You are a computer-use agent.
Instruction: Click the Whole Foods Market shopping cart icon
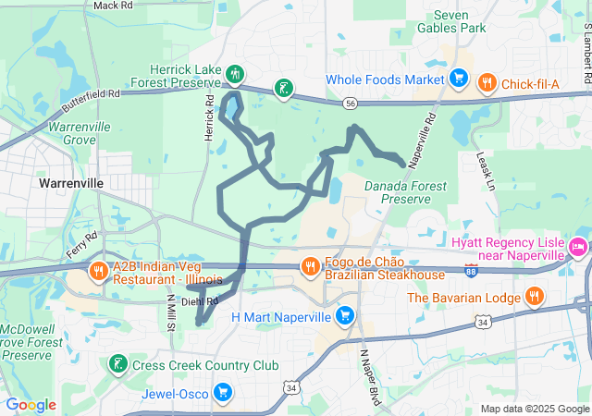(x=456, y=79)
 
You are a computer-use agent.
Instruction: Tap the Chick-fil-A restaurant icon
(x=486, y=84)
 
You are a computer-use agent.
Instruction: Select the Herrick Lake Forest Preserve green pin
(x=236, y=73)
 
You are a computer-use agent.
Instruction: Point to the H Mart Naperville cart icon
(x=345, y=316)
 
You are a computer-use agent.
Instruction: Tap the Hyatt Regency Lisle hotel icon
(x=578, y=247)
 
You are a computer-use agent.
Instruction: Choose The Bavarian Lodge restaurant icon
(x=534, y=297)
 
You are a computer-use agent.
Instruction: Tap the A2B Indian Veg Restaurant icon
(x=98, y=272)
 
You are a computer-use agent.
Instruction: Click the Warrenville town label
(x=71, y=183)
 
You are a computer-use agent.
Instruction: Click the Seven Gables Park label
(x=460, y=21)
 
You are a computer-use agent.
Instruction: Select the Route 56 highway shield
(x=349, y=104)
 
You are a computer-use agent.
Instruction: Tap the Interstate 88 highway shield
(x=471, y=271)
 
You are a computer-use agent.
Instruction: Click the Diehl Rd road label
(x=199, y=301)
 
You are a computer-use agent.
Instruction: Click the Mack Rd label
(x=113, y=6)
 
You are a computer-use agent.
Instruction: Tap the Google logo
(x=31, y=404)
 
